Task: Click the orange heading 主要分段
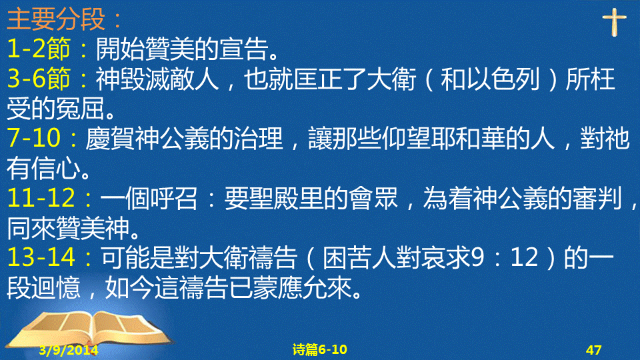tap(56, 19)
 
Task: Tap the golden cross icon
tap(614, 23)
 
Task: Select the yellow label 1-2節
tap(39, 48)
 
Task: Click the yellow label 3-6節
tap(39, 79)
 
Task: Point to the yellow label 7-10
tap(34, 138)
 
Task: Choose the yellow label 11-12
tap(41, 198)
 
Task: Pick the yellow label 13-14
tap(41, 257)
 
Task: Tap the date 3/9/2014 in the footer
tap(69, 350)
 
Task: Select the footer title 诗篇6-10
tap(319, 350)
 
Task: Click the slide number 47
tap(593, 350)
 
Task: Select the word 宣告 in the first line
tap(244, 49)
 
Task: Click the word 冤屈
tap(81, 109)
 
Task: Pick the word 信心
tap(56, 168)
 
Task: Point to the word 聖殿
tap(273, 199)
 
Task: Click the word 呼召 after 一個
tap(174, 199)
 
